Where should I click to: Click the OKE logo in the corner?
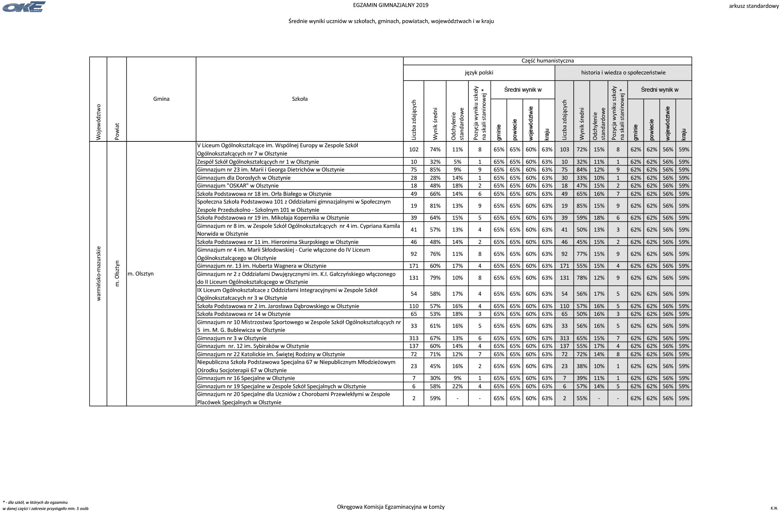pos(24,7)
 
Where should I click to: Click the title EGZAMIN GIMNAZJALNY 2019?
pos(391,5)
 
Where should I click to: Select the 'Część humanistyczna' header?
pos(547,60)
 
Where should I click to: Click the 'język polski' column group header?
pos(479,72)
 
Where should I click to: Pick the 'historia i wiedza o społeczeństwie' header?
pos(623,72)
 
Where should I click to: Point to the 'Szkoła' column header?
pos(300,99)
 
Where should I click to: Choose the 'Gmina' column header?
pos(161,99)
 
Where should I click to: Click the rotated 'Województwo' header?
pos(98,122)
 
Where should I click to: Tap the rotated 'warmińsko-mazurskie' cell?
pos(98,273)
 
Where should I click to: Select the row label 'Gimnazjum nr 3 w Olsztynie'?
pos(232,338)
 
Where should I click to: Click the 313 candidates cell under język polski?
pos(414,338)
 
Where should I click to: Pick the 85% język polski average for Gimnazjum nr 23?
pos(435,169)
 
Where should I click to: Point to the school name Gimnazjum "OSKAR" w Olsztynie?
pos(238,185)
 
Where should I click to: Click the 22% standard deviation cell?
pos(457,386)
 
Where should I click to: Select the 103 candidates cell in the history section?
pos(564,150)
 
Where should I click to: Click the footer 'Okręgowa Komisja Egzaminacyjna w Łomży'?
pos(391,507)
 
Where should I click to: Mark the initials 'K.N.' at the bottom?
pos(774,508)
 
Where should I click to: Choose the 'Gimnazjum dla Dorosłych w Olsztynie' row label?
pos(244,178)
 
